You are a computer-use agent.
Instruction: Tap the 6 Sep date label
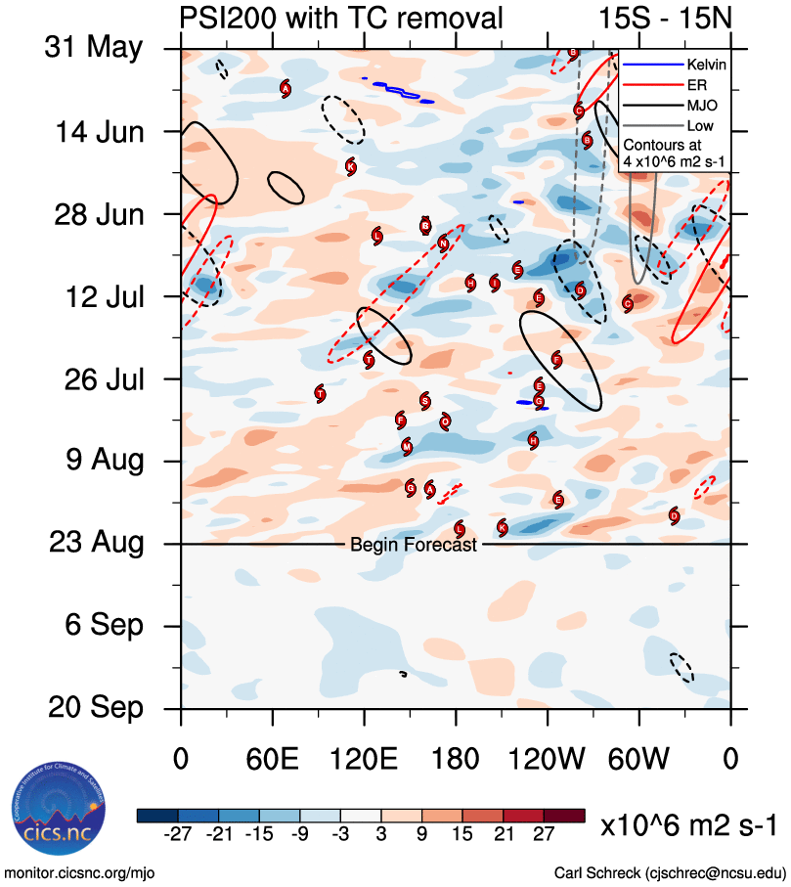pyautogui.click(x=95, y=624)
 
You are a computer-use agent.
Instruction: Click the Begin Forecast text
pyautogui.click(x=413, y=545)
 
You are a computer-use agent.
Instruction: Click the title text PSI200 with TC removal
pyautogui.click(x=342, y=17)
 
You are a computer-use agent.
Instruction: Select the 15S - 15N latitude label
pyautogui.click(x=665, y=17)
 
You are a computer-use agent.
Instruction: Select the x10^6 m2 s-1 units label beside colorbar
pyautogui.click(x=688, y=825)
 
